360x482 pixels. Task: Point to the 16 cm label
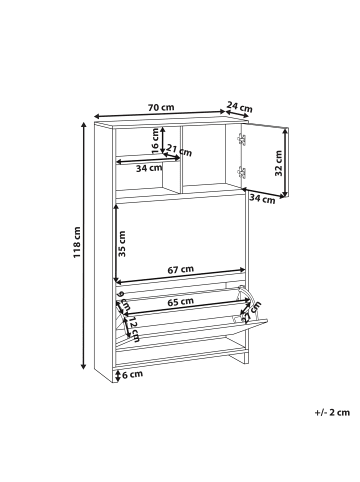point(156,142)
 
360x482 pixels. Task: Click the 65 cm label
point(180,300)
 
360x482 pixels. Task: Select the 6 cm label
point(132,375)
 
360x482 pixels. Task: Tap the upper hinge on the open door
point(240,141)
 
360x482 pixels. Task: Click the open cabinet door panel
point(263,160)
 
